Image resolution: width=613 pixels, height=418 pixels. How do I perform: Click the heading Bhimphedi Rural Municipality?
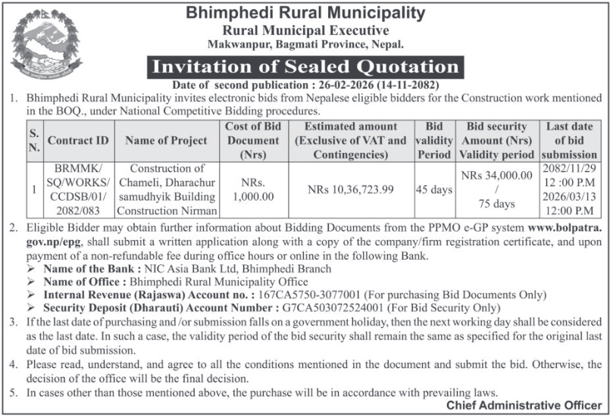click(x=306, y=12)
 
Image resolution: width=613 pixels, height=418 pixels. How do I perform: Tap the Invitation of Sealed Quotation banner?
click(x=305, y=67)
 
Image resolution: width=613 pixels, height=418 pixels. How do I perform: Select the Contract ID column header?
click(x=79, y=140)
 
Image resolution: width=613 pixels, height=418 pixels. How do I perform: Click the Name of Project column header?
click(x=166, y=140)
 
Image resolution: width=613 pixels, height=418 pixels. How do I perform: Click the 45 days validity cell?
click(x=434, y=189)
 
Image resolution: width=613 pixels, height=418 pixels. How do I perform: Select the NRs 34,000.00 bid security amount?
click(x=496, y=175)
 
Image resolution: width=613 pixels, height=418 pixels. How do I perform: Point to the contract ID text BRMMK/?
click(x=79, y=168)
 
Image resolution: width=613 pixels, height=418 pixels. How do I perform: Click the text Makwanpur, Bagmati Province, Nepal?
click(x=305, y=45)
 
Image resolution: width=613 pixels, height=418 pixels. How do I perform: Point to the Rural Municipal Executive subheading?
click(x=305, y=30)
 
